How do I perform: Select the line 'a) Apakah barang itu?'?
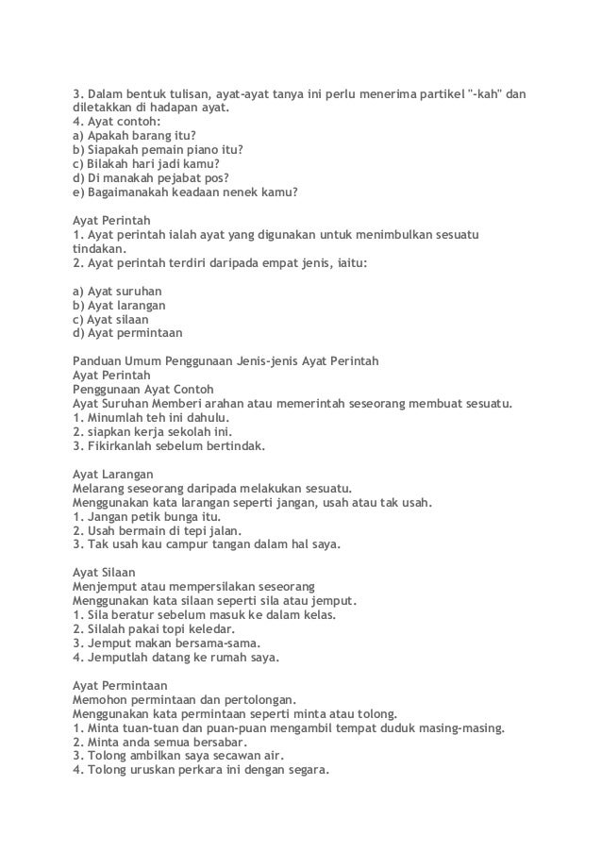click(x=127, y=135)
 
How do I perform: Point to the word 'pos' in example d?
click(x=216, y=176)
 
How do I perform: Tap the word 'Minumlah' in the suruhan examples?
click(x=115, y=417)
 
